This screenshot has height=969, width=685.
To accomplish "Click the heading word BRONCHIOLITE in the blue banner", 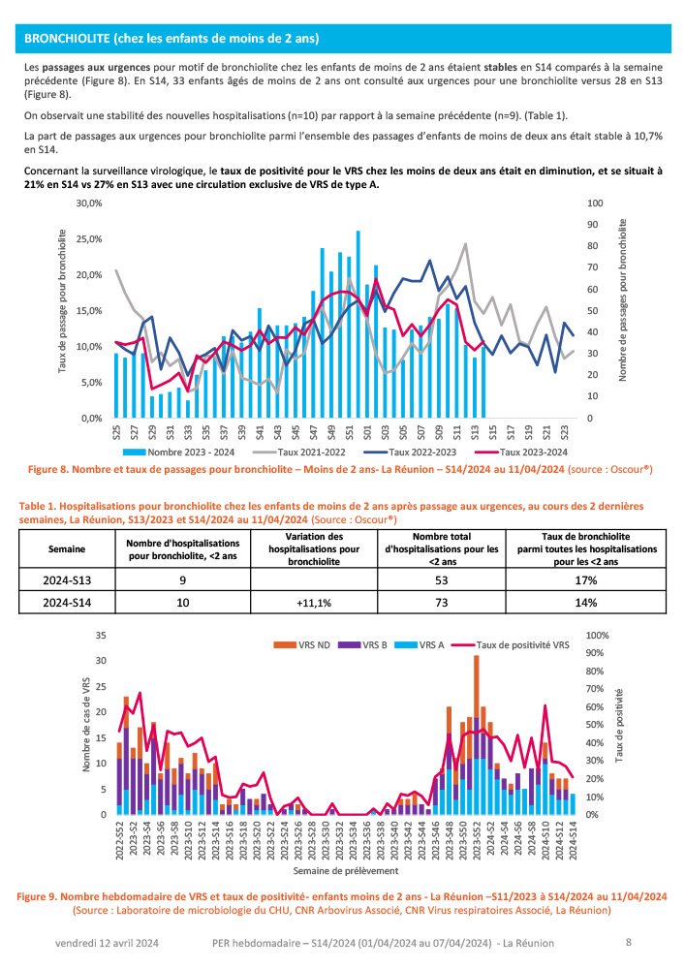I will [67, 39].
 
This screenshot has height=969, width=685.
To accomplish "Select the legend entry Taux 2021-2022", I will [310, 452].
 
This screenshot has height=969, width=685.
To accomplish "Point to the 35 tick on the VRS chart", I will [99, 636].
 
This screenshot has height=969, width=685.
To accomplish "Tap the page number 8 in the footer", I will [629, 942].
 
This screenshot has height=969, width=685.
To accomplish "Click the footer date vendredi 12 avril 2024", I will [106, 942].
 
